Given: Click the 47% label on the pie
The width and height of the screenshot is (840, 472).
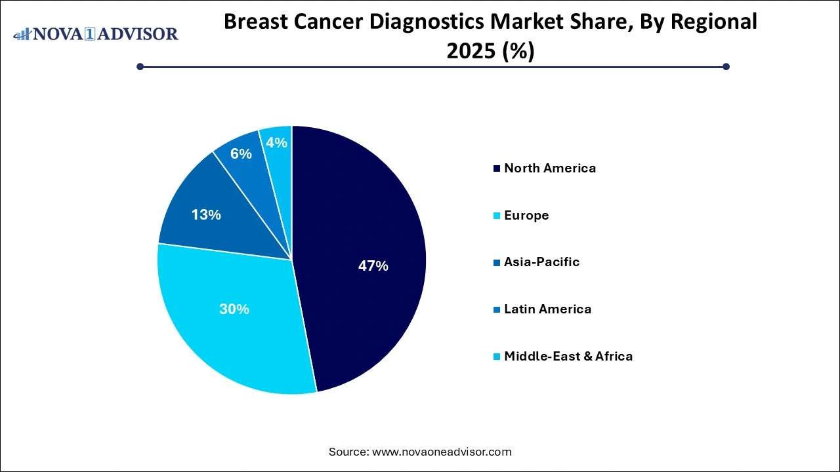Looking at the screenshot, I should pos(373,266).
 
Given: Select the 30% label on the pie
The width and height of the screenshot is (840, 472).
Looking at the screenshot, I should pos(234,309).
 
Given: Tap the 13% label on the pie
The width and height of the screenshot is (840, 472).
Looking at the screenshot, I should pos(206,214).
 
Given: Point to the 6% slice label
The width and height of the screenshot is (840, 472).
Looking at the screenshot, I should pos(241,154).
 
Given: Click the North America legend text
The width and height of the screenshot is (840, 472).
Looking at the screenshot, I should pos(550,168).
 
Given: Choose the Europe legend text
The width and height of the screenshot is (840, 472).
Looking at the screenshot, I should pos(526,215).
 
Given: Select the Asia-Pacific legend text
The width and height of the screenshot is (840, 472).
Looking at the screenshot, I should pos(541,262).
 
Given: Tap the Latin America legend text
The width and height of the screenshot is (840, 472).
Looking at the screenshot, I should pos(547,309).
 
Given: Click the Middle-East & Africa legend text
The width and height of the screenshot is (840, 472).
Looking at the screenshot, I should pos(568,357).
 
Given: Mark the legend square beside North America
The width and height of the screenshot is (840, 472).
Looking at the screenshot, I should pos(496,168).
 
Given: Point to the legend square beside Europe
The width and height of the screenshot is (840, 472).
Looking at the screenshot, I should pos(496,216).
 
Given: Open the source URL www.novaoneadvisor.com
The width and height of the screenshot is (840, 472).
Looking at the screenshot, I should pos(441,452).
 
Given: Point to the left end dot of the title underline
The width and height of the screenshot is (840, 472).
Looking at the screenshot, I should pos(140,66).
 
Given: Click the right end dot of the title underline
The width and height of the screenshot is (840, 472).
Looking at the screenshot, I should pos(726,66).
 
